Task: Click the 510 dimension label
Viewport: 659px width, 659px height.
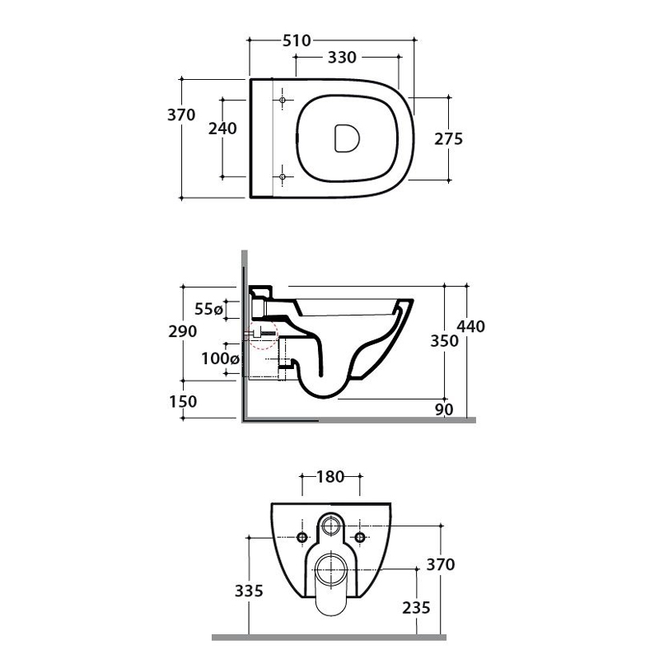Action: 297,40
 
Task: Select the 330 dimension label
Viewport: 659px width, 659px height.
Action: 342,57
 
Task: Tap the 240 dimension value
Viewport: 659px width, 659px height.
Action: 222,129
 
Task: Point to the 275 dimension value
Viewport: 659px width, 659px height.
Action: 448,138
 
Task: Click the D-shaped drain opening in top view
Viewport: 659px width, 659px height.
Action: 347,138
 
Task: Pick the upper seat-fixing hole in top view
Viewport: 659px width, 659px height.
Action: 283,100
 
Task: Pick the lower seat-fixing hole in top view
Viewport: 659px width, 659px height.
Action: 283,177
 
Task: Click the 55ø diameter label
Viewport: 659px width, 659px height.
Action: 209,310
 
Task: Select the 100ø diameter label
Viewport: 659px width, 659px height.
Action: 220,358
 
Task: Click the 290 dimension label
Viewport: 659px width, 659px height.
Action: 182,331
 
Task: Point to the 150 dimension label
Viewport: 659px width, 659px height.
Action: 183,401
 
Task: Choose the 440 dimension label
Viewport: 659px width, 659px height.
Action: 470,326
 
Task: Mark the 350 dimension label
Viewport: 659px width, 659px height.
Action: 444,341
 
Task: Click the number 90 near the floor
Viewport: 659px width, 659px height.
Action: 444,409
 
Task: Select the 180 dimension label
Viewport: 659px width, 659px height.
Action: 330,477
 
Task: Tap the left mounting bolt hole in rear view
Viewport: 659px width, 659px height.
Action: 301,537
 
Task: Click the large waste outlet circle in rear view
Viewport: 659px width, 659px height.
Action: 331,570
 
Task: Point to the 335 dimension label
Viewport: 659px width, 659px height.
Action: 249,591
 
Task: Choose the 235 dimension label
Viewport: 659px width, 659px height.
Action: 417,607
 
